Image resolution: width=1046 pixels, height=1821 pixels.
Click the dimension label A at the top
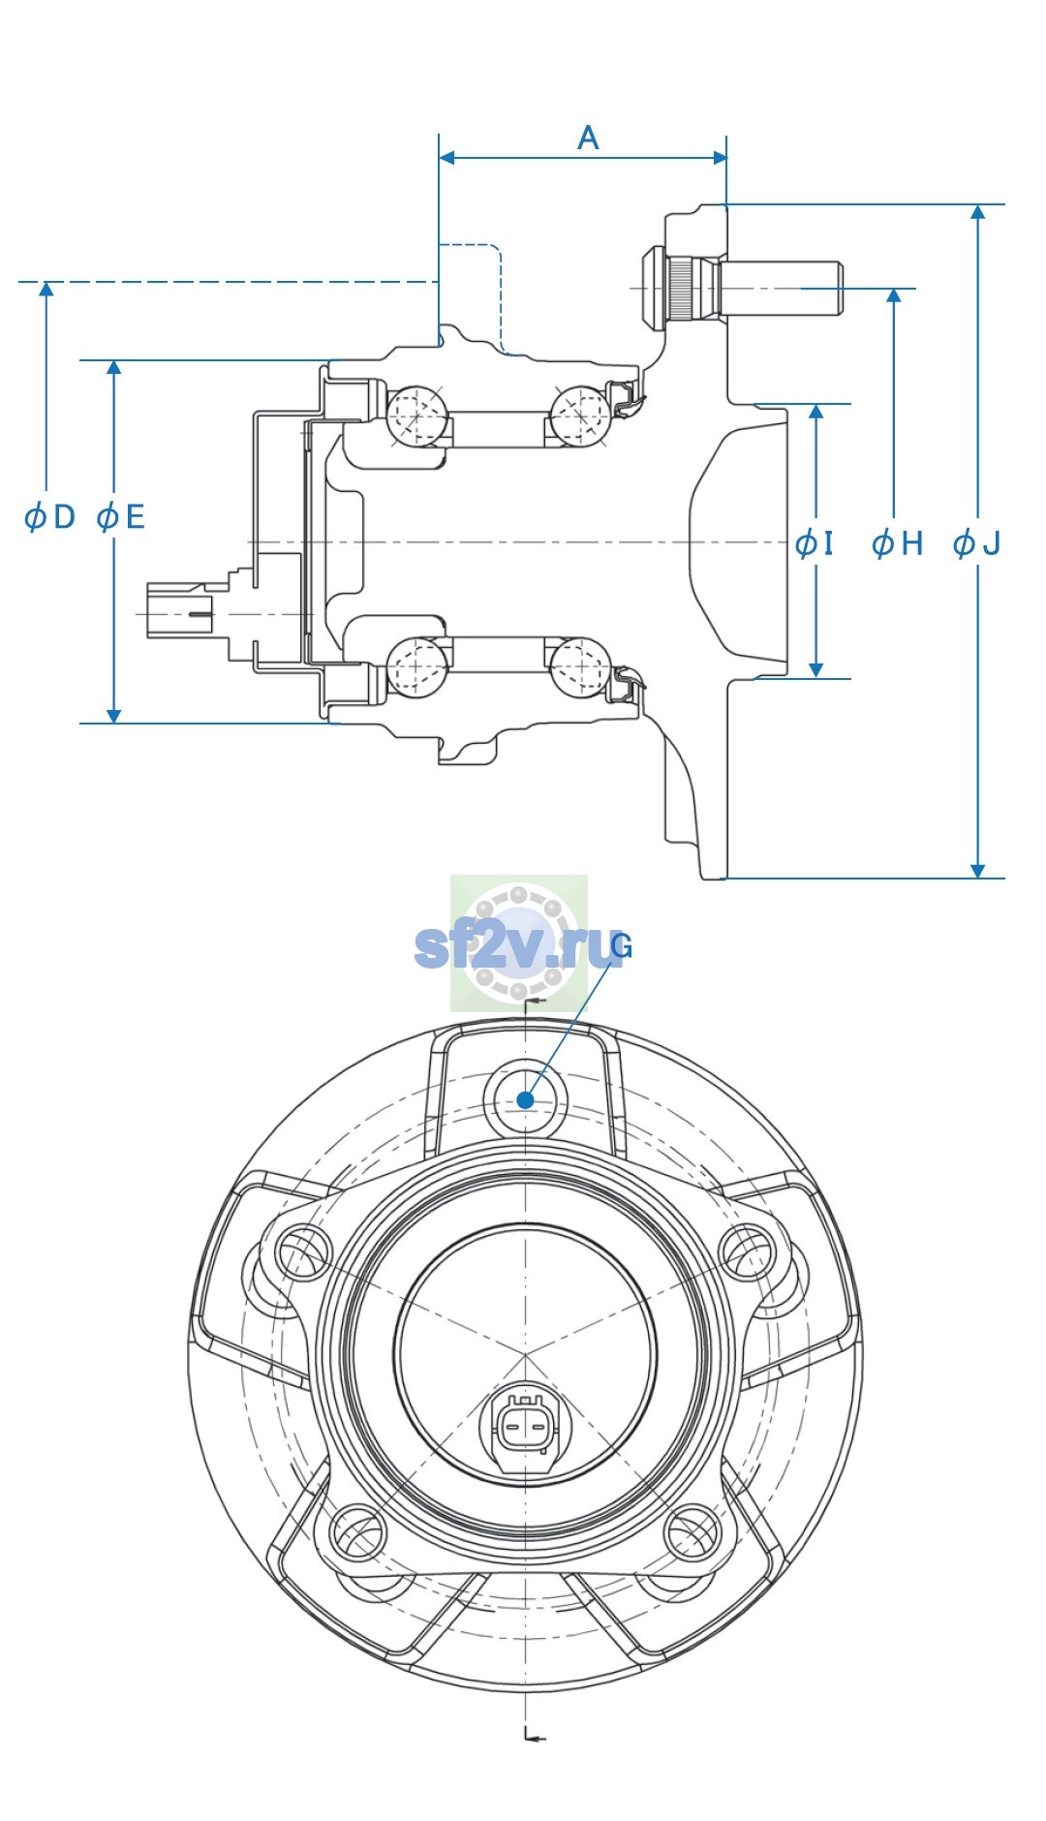pos(588,138)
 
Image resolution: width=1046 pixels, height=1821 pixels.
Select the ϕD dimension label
pos(49,516)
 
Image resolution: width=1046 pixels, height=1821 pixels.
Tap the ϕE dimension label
pos(121,516)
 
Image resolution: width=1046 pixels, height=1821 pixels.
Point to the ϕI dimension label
pos(814,543)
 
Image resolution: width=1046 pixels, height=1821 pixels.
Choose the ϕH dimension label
pos(898,543)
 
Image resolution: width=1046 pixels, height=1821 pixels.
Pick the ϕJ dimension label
pos(976,543)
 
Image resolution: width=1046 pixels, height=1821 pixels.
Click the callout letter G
pos(622,946)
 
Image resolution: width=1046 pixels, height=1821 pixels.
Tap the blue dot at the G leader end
pos(525,1099)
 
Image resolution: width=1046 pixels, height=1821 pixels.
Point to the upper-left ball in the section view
pos(417,415)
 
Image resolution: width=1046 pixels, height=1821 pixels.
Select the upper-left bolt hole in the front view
pos(303,1251)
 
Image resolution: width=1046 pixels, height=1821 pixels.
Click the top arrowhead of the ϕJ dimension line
pos(978,215)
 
